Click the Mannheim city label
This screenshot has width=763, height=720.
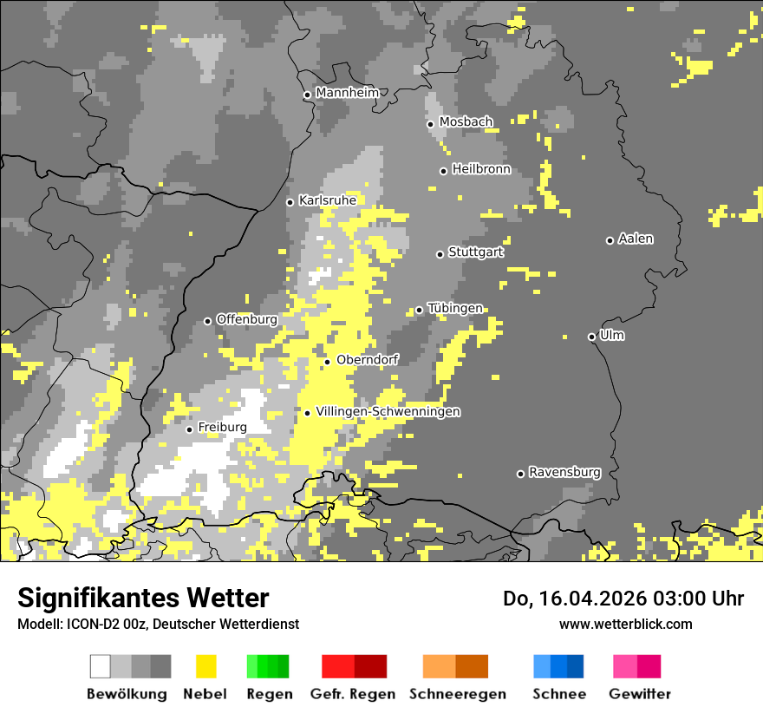347,93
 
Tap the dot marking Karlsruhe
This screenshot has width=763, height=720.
290,202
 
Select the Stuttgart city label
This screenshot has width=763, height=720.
476,252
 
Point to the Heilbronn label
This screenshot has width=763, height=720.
481,169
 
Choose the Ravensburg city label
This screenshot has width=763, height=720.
564,472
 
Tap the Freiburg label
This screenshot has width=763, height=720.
222,428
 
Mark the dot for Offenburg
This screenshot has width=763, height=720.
208,321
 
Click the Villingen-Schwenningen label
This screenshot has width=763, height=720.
388,412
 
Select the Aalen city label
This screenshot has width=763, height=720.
636,239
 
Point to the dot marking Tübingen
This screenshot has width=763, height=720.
420,310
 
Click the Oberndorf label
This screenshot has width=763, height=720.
367,360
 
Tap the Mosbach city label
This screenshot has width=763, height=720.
466,122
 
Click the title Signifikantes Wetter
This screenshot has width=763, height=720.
143,599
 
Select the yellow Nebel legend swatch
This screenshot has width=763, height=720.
205,666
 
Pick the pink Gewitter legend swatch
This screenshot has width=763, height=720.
636,666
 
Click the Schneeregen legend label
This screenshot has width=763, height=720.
457,694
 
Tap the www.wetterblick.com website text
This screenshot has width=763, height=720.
625,624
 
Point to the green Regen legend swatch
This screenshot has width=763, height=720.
268,666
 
